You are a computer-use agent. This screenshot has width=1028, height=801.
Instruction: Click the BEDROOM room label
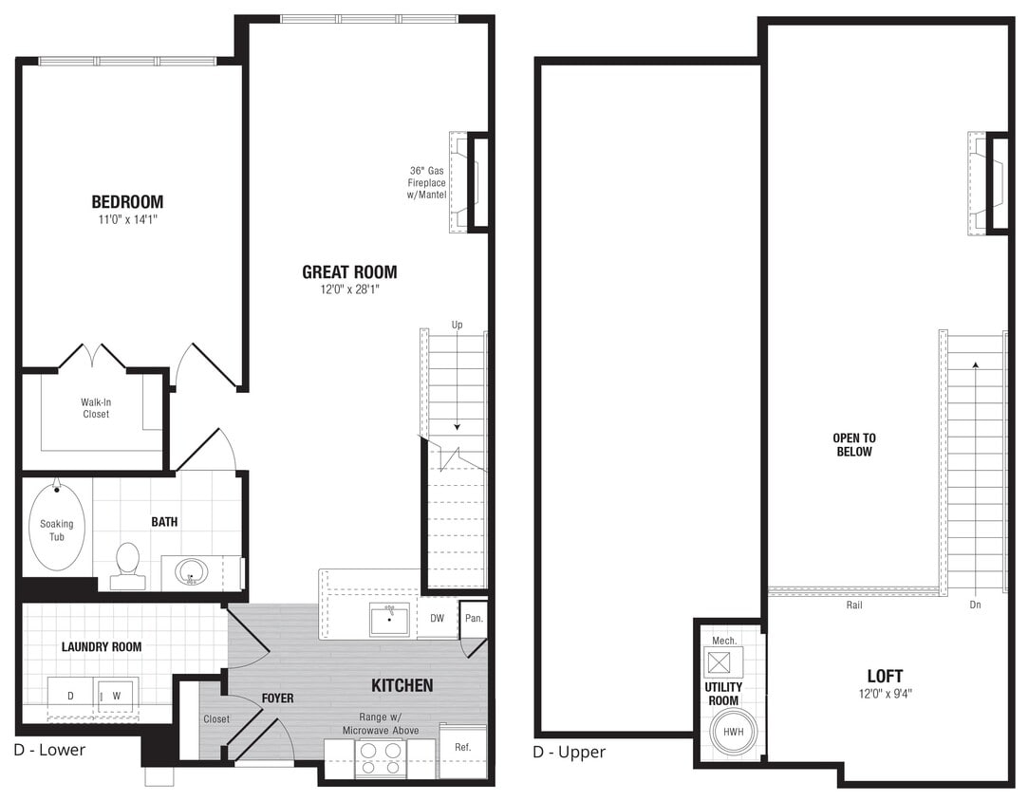coord(127,201)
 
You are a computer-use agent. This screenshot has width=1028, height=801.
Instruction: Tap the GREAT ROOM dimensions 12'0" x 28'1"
coord(349,290)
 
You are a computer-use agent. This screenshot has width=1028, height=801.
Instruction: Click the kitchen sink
coord(389,620)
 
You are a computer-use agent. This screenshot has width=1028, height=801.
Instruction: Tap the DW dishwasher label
coord(437,618)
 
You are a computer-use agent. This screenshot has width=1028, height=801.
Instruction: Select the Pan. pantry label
coord(474,618)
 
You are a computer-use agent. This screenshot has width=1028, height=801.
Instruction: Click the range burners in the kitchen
coord(381,756)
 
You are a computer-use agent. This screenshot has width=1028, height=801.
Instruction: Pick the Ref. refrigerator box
coord(463,750)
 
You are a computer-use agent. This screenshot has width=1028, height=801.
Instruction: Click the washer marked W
coord(117,695)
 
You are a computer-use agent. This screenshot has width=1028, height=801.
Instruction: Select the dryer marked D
coord(70,695)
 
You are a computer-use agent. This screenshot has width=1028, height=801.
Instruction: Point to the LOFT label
coord(885,676)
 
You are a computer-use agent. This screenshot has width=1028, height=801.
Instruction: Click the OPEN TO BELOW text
coord(854,445)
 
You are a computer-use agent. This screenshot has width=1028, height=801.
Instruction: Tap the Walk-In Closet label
coord(95,408)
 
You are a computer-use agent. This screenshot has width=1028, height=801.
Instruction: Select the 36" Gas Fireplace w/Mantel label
coord(427,182)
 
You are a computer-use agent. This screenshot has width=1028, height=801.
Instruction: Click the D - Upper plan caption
coord(569,753)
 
